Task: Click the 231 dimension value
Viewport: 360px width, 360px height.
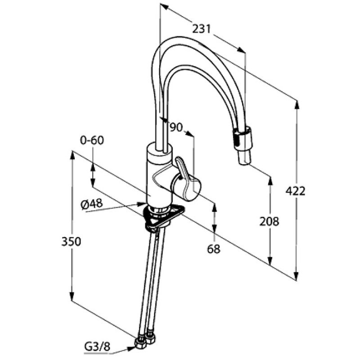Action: click(202, 29)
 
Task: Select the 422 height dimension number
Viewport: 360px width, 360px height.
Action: click(296, 191)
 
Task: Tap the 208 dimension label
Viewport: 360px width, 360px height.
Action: click(270, 221)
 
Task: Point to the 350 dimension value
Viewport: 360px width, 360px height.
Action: click(71, 241)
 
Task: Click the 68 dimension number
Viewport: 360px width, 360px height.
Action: click(214, 248)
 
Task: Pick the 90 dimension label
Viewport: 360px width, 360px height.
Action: click(176, 128)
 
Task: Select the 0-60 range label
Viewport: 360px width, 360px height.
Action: click(92, 140)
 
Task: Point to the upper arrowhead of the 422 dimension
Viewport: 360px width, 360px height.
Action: click(296, 104)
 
